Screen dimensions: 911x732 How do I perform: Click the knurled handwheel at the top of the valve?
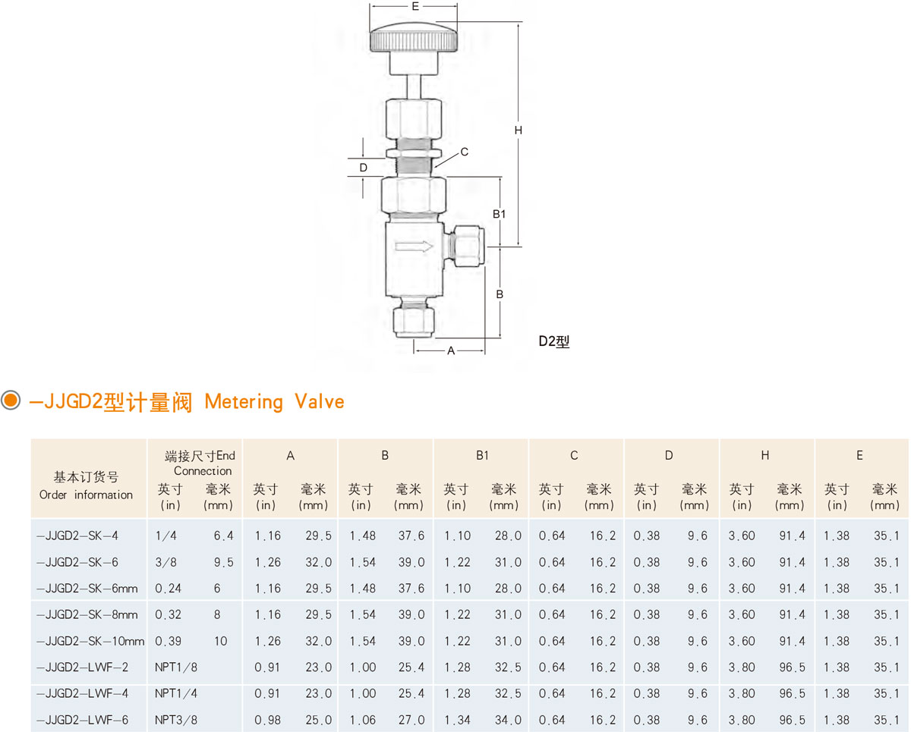tap(414, 38)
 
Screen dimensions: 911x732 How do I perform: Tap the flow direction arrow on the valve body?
tap(414, 247)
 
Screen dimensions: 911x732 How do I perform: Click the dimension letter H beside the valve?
tap(519, 130)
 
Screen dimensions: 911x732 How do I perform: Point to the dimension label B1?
tap(499, 214)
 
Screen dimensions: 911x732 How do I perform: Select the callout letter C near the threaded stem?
tap(465, 152)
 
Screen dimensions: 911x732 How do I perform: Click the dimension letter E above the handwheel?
tap(415, 6)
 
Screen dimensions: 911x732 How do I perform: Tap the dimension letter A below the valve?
tap(451, 350)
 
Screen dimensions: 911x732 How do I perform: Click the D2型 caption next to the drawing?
tap(553, 341)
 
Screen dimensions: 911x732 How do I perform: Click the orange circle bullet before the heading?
tap(11, 400)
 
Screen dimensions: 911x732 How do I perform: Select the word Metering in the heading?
tap(244, 402)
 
